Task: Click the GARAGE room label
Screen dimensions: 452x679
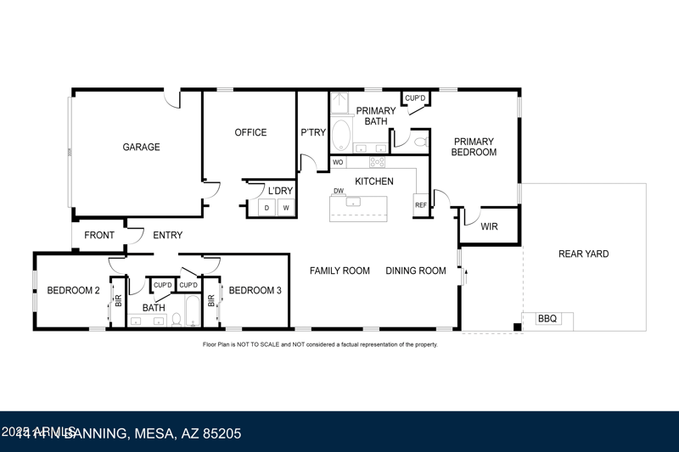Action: tap(141, 147)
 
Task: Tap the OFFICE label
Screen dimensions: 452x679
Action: tap(250, 132)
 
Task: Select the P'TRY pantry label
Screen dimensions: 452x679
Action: tap(313, 132)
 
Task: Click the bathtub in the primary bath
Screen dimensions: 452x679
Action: tap(341, 135)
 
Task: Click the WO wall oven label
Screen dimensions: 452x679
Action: tap(338, 162)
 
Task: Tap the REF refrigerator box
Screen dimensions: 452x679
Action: tap(421, 205)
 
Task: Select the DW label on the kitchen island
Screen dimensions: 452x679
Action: tap(338, 192)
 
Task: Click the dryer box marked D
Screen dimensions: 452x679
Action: tap(267, 208)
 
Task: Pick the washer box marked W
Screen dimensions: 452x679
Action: tap(286, 208)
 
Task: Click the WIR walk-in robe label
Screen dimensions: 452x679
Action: tap(489, 226)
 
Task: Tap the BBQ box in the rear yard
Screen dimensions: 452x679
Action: tap(547, 319)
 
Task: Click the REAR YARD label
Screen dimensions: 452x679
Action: tap(583, 254)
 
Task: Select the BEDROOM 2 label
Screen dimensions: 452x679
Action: tap(73, 291)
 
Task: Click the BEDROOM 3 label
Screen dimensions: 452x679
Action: tap(255, 291)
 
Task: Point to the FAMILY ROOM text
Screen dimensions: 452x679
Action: tap(339, 271)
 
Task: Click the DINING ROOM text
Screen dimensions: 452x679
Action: tap(415, 271)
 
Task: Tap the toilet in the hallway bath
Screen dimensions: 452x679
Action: tap(177, 320)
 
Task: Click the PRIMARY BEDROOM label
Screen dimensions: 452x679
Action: tap(474, 147)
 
